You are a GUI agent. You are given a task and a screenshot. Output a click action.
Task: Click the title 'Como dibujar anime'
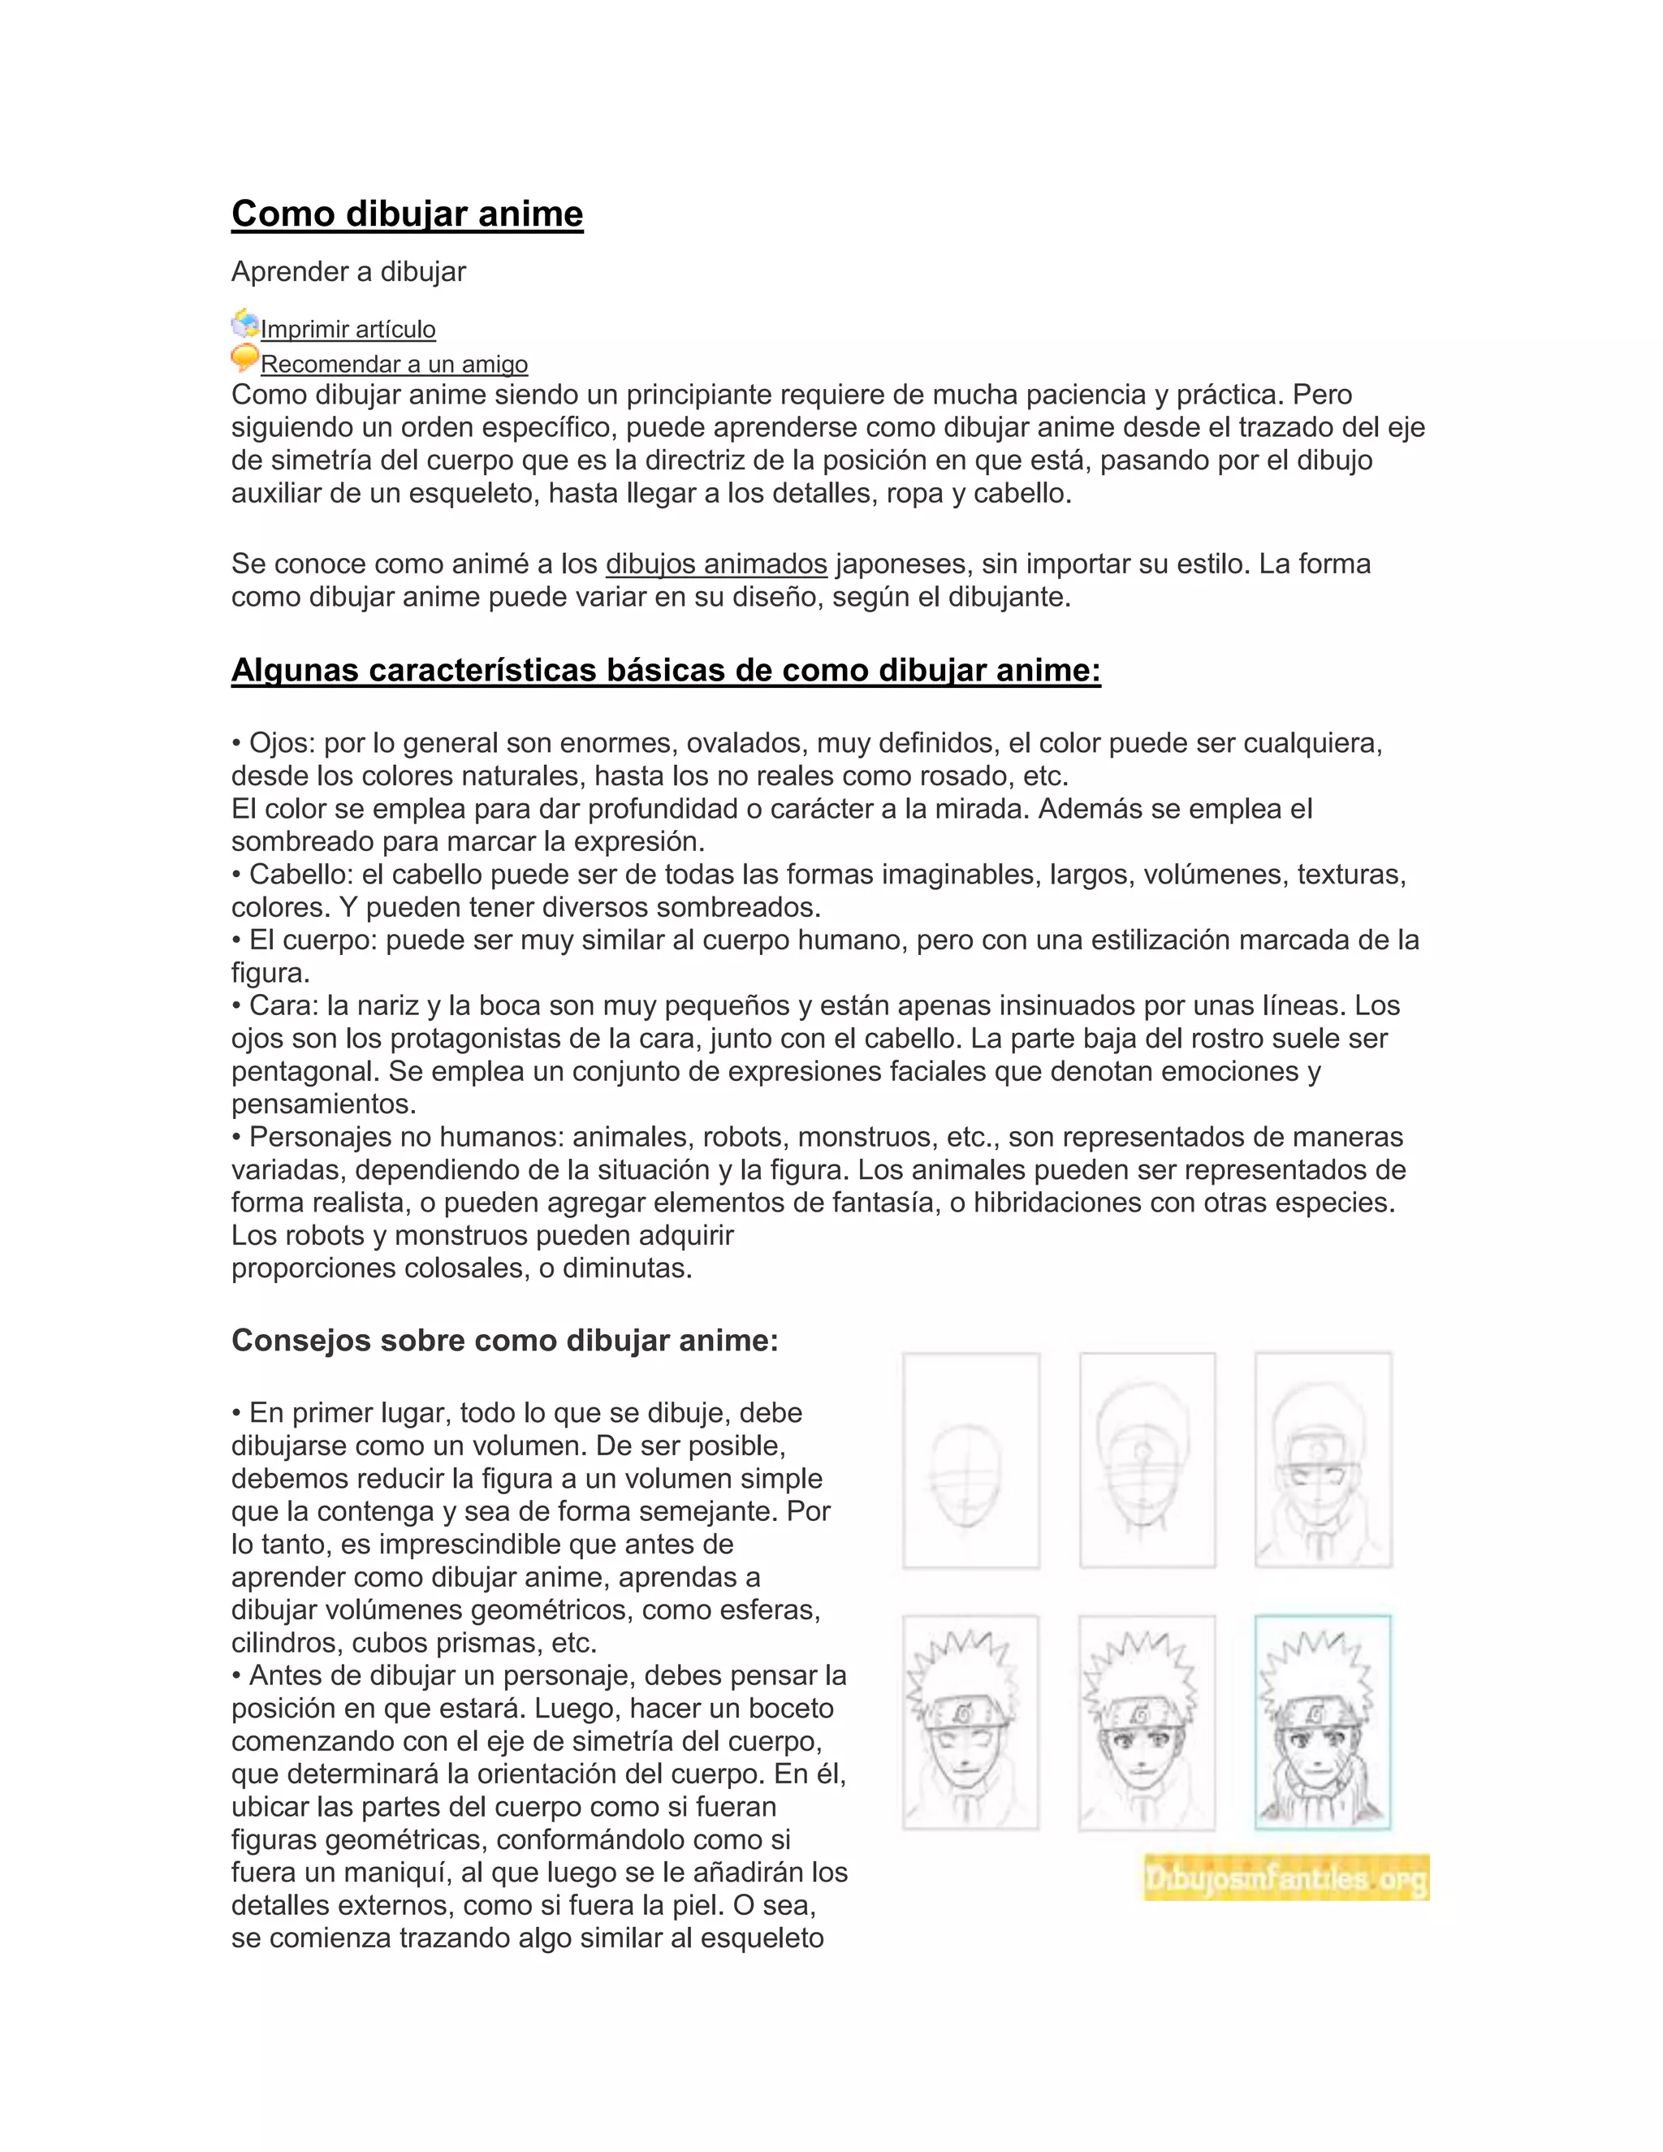(407, 214)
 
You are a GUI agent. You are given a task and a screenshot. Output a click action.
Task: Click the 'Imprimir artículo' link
(348, 329)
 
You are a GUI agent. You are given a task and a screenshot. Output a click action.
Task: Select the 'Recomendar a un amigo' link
(394, 364)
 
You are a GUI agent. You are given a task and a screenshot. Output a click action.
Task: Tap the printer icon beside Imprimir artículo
(244, 323)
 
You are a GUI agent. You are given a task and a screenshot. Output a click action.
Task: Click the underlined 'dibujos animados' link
(716, 564)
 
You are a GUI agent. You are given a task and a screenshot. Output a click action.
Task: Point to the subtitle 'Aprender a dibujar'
(348, 272)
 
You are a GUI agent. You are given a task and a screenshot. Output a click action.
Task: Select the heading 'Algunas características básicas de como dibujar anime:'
(666, 670)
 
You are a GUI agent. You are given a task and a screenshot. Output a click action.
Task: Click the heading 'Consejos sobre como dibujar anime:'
(504, 1340)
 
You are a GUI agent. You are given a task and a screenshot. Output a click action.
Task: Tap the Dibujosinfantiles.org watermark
(1285, 1878)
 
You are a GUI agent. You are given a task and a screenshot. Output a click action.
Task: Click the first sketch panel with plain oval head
(970, 1460)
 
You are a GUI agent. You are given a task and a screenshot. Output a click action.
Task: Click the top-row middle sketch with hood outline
(1147, 1460)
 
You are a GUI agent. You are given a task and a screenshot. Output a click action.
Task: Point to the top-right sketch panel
(1322, 1460)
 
